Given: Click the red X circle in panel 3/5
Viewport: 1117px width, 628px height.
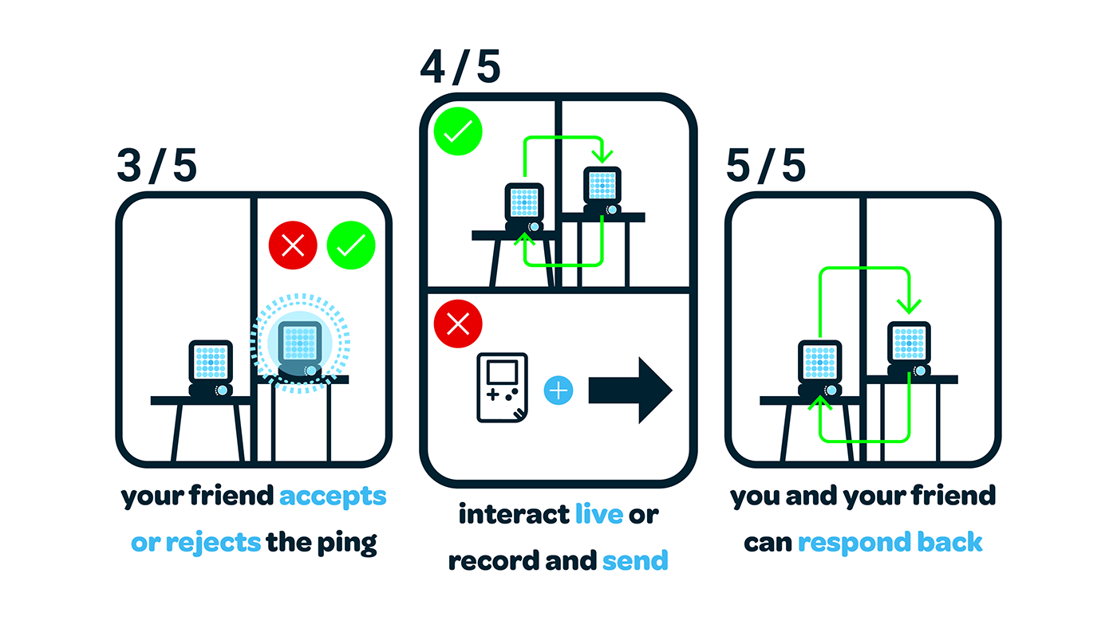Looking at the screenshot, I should pos(293,245).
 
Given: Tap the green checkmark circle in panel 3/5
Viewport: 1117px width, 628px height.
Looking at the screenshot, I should pos(351,245).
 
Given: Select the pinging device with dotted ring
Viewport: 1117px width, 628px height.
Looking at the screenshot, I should pos(300,343).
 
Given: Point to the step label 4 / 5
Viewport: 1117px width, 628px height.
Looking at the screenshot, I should pos(460,68).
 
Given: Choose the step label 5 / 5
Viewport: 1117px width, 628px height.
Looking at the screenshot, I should pos(766,167).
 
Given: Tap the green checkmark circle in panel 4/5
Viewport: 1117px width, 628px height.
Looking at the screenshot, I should pos(458,131).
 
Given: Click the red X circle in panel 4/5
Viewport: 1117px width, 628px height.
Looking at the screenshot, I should pos(458,323).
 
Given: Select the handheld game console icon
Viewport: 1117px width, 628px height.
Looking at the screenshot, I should pos(503,387).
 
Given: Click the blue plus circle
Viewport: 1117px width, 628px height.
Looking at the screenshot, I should pos(558,391).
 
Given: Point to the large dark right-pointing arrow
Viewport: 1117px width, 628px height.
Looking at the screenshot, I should pos(630,391).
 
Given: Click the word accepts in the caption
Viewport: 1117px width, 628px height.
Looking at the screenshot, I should pos(333,497).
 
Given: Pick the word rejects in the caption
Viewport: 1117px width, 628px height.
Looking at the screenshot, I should pos(213,544).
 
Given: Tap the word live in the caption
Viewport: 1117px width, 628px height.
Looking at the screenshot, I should pos(599,515).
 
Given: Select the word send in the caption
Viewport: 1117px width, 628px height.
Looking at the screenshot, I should pos(635,561).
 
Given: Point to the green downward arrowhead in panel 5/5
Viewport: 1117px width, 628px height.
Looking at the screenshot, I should pos(909,305).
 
